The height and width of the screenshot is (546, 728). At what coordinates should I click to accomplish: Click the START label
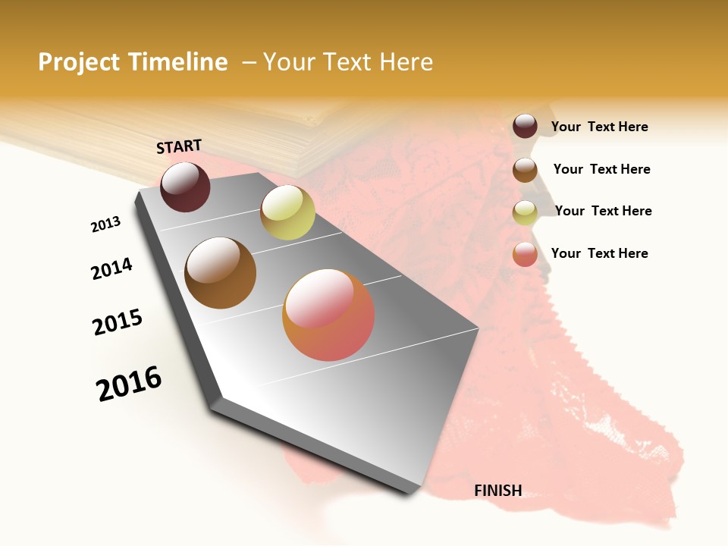tap(179, 146)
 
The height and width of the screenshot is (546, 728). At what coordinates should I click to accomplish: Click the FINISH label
tap(498, 491)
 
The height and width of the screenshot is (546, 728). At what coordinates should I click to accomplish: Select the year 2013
tap(106, 224)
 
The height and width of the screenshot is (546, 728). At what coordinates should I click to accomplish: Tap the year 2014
tap(112, 268)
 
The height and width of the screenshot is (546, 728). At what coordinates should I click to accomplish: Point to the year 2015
tap(118, 322)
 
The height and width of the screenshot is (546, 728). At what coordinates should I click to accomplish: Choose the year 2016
tap(129, 384)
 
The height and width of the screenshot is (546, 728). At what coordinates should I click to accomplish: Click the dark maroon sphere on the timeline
tap(185, 187)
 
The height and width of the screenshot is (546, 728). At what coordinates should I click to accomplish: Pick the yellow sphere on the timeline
tap(287, 212)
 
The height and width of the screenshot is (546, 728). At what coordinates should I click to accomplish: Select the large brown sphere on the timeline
tap(221, 273)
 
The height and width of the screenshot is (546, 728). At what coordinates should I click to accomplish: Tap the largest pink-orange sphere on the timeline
tap(328, 315)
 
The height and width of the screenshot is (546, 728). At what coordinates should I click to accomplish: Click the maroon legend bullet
tap(525, 127)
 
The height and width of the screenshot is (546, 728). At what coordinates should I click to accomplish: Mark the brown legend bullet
tap(525, 170)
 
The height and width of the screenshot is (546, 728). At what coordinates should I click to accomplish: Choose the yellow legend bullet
tap(525, 212)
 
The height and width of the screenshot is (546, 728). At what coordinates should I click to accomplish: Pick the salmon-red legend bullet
tap(525, 254)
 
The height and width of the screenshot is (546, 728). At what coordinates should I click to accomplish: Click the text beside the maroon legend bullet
tap(599, 127)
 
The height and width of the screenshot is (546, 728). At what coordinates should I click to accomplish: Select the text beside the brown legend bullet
tap(601, 169)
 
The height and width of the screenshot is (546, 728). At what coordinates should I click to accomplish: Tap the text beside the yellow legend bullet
tap(603, 211)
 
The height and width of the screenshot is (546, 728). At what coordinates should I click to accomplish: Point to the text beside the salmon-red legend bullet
tap(599, 253)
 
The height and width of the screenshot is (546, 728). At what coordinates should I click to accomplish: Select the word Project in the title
tap(80, 62)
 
